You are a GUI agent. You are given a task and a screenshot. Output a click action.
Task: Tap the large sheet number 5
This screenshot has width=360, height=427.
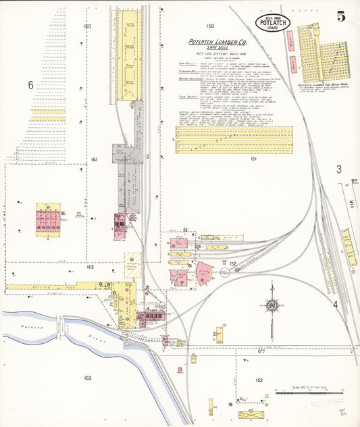click(342, 17)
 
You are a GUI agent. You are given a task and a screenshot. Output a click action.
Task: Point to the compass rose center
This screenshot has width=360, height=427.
click(271, 306)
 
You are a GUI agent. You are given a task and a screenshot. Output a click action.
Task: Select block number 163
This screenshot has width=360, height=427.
click(87, 378)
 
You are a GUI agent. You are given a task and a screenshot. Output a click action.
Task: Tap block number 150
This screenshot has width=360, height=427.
click(210, 26)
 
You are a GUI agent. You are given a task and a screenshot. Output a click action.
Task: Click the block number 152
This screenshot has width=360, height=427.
click(233, 263)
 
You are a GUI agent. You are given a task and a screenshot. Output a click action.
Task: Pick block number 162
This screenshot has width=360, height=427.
click(90, 267)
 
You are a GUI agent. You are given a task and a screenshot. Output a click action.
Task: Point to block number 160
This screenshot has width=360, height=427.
click(86, 26)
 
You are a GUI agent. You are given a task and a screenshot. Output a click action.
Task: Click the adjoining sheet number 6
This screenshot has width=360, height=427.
click(30, 85)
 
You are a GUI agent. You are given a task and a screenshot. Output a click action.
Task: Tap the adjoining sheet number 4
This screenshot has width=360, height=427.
click(335, 304)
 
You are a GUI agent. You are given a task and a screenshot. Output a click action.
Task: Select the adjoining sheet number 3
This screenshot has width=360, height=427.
click(339, 170)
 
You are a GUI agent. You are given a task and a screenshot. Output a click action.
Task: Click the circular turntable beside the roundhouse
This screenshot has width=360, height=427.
click(225, 271)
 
